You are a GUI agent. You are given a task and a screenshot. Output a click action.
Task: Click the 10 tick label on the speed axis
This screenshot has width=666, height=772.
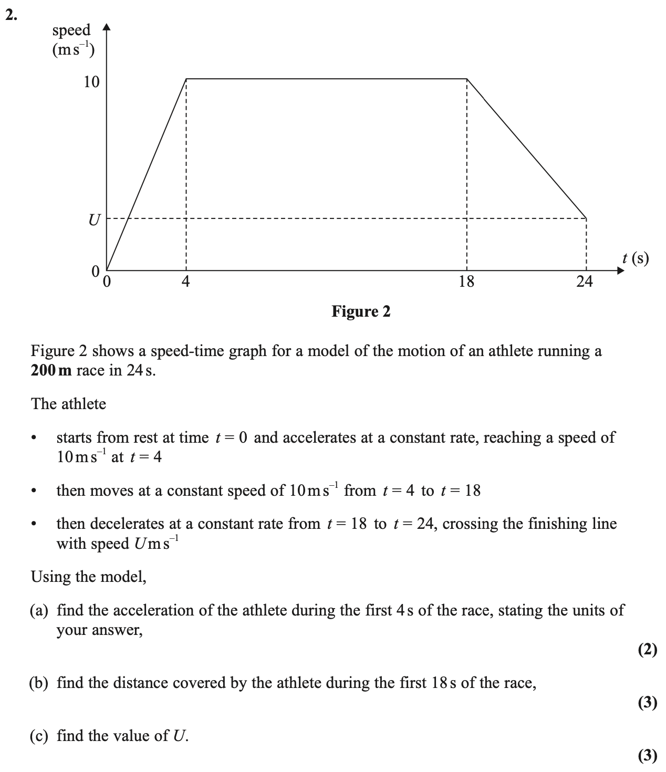tap(91, 82)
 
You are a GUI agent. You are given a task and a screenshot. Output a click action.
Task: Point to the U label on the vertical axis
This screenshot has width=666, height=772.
tap(93, 220)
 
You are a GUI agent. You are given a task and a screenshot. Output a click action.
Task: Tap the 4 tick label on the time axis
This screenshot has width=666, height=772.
tap(185, 282)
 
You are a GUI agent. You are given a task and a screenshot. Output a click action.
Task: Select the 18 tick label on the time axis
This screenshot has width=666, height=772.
tap(466, 282)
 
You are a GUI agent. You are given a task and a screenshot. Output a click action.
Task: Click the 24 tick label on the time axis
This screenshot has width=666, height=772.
tap(584, 282)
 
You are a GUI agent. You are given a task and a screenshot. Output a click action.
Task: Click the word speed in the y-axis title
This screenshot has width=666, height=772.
tap(71, 30)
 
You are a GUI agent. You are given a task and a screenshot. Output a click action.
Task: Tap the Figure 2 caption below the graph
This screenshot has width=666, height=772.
tap(361, 312)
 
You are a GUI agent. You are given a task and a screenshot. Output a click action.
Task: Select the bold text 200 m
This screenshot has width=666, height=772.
tap(51, 370)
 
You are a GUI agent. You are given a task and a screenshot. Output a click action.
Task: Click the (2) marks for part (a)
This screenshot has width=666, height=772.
tap(648, 650)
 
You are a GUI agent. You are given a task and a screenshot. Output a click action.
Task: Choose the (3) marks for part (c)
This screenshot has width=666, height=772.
tap(648, 755)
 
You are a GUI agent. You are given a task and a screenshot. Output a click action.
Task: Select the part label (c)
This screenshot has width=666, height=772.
tap(40, 736)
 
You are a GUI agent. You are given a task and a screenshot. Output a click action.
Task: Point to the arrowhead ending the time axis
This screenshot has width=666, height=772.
tap(621, 271)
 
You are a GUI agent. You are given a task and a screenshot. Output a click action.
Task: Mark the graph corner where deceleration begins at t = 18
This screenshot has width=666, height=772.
tap(467, 79)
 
